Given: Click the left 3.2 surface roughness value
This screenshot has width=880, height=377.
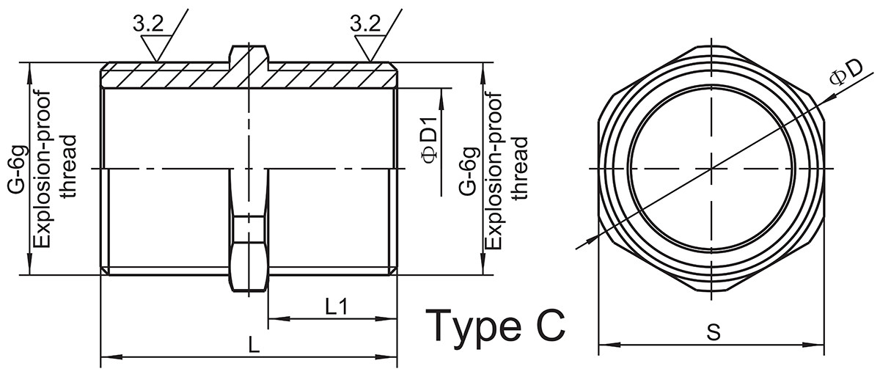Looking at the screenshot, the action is pos(147,24).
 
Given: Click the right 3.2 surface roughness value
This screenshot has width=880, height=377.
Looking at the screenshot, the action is pos(365,24).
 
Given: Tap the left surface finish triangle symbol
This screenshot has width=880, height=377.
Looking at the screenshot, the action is pos(156,48).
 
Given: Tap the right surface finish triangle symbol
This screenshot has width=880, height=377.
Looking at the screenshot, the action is pos(370,48).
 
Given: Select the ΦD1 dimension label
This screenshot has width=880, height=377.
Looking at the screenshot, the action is pos(429,139).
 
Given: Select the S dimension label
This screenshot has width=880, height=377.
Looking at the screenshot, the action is pos(714,332).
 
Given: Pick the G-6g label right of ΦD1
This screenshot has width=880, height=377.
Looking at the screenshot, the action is pos(469,171).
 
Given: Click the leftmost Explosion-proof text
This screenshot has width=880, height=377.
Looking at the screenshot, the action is pos(43,170).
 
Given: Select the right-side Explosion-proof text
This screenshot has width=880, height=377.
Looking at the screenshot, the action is pos(494,171).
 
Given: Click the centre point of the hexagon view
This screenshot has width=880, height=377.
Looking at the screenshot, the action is pos(711,169).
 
